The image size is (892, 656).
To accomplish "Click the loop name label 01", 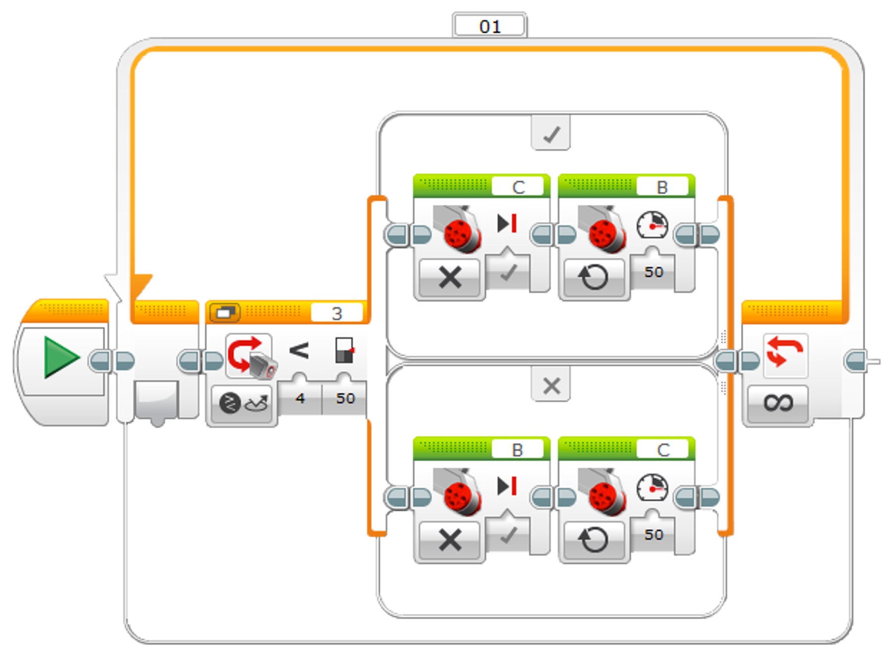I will tap(490, 26).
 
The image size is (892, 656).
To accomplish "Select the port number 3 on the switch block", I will tap(337, 313).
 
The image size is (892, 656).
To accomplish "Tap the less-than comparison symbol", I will tap(299, 351).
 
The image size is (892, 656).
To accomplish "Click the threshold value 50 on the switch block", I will tap(345, 398).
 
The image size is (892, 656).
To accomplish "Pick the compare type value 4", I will tap(300, 398).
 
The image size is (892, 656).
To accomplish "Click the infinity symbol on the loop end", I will tap(778, 403).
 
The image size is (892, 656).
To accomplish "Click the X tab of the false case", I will tap(551, 385).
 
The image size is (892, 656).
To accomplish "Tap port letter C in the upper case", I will tap(518, 187).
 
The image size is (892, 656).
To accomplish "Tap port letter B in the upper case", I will tap(662, 187).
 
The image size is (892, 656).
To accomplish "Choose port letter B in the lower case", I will tap(517, 450).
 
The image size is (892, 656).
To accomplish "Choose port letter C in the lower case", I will tap(663, 450).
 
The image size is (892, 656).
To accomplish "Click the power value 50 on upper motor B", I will tap(654, 272).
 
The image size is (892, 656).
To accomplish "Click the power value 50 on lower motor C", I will tap(654, 535).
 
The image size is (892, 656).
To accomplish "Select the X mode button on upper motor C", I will tap(450, 277).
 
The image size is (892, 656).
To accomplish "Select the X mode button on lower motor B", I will tap(450, 540).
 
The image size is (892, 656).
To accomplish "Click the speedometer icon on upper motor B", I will tap(652, 225).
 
